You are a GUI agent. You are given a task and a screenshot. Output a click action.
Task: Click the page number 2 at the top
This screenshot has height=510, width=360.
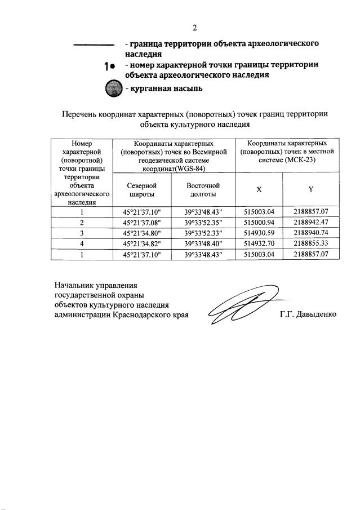[194, 28]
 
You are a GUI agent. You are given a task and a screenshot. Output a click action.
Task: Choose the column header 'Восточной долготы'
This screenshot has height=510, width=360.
[203, 189]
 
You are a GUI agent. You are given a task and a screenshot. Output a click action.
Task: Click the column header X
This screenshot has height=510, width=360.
[259, 189]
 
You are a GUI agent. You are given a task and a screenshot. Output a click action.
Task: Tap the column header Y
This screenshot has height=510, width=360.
[310, 189]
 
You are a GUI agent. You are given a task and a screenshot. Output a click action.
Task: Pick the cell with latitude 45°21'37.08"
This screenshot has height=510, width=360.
[141, 223]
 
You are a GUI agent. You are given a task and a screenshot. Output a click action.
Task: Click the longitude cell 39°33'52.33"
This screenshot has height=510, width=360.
[203, 233]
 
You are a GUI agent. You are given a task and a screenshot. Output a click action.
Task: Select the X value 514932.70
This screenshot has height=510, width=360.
[259, 244]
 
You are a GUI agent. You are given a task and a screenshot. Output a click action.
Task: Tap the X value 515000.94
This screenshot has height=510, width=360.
[259, 223]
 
